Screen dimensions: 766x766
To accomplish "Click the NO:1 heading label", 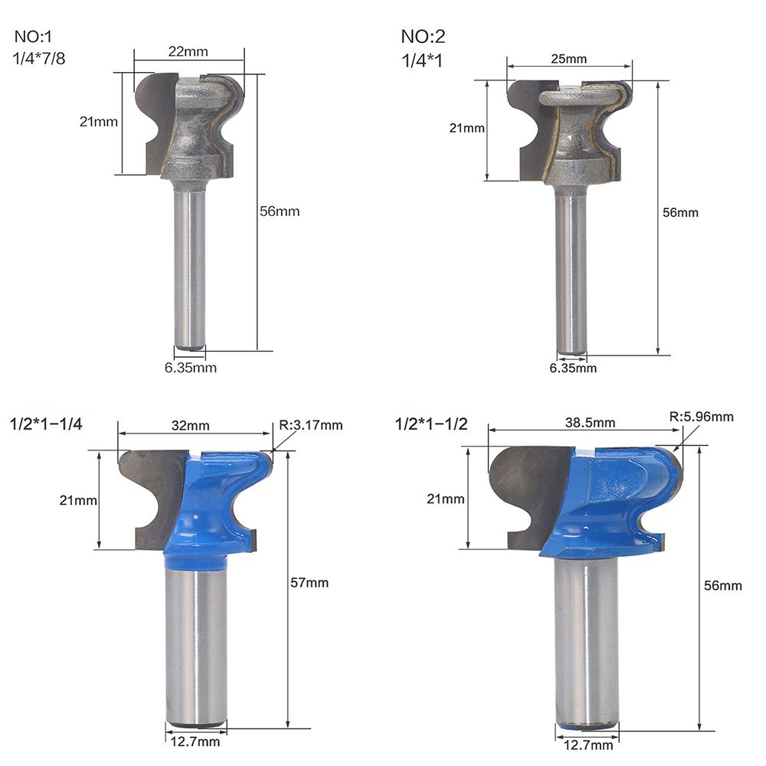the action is click(x=33, y=36).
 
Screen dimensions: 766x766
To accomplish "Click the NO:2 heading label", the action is click(x=423, y=36).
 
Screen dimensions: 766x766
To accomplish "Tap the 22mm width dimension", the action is click(x=188, y=51).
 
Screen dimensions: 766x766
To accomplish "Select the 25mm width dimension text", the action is click(x=568, y=59).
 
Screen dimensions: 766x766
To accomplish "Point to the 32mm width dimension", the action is click(x=191, y=425).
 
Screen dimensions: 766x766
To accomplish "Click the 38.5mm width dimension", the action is click(x=590, y=423).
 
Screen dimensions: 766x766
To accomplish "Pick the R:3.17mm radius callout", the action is click(x=311, y=425).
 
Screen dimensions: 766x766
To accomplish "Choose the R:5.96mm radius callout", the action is click(x=702, y=417).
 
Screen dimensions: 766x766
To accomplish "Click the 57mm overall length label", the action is click(x=309, y=582).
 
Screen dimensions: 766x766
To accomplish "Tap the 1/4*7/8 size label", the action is click(x=38, y=59).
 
